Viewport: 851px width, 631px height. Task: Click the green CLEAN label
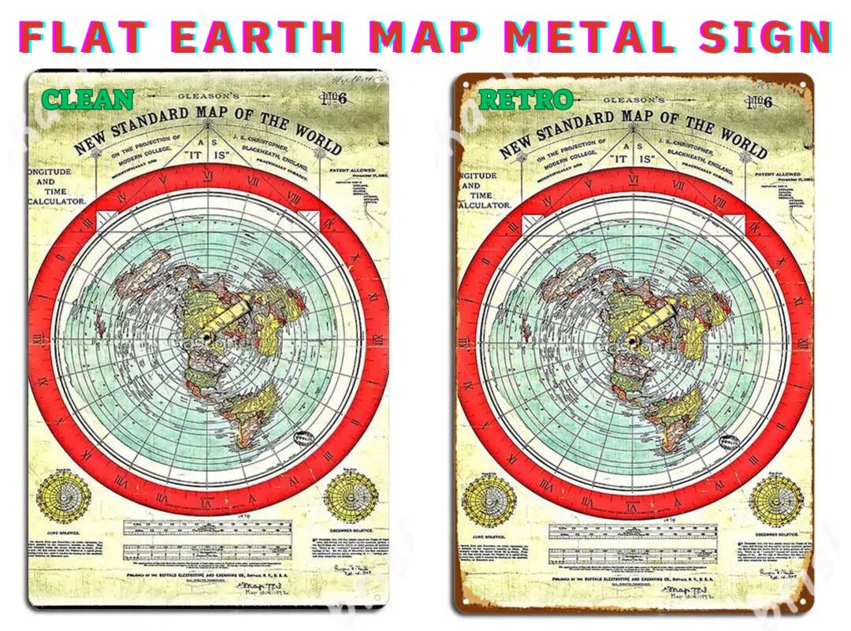coord(87,99)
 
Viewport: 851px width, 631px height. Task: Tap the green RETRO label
coord(526,99)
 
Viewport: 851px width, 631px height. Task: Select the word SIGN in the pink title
coord(764,37)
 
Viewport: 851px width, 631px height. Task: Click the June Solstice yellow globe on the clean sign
coord(64,496)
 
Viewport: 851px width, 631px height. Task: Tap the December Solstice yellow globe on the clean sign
coord(351,496)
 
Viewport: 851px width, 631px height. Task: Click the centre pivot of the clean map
coord(208,337)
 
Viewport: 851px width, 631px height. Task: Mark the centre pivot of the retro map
coord(634,340)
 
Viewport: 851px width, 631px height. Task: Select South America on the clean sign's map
coord(251,414)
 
